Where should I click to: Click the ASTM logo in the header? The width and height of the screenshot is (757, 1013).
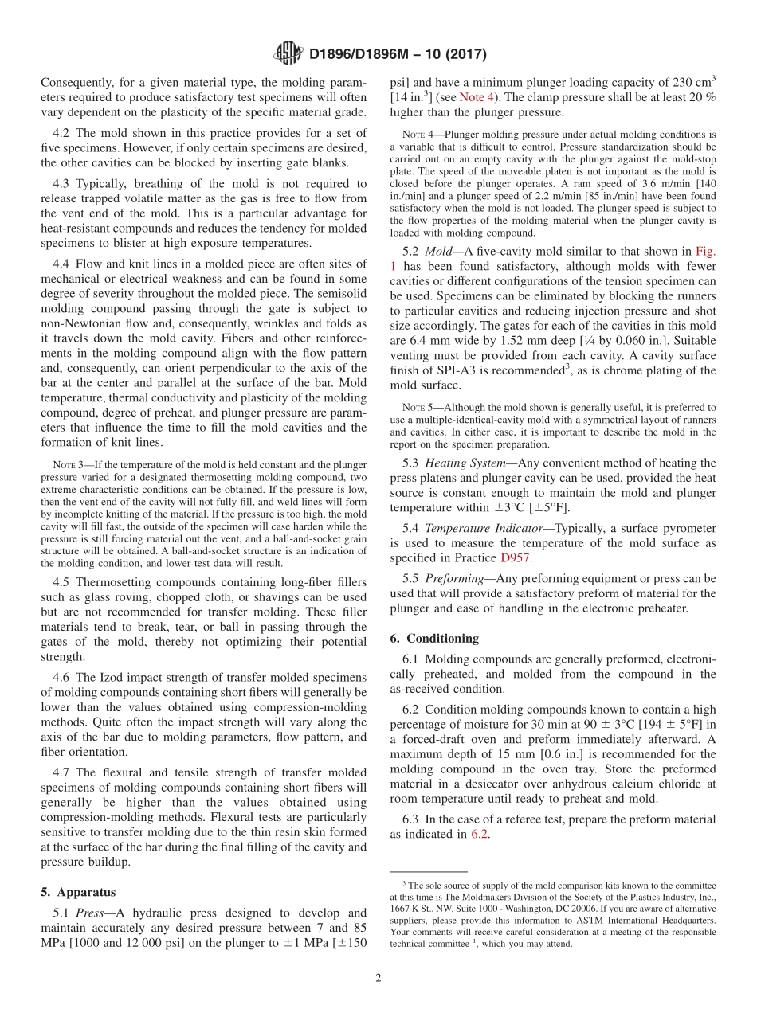pyautogui.click(x=288, y=54)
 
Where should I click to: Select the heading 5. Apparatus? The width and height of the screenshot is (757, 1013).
pyautogui.click(x=79, y=892)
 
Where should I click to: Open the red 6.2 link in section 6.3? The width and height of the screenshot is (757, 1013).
pyautogui.click(x=479, y=834)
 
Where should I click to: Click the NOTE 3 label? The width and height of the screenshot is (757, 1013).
pyautogui.click(x=64, y=465)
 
